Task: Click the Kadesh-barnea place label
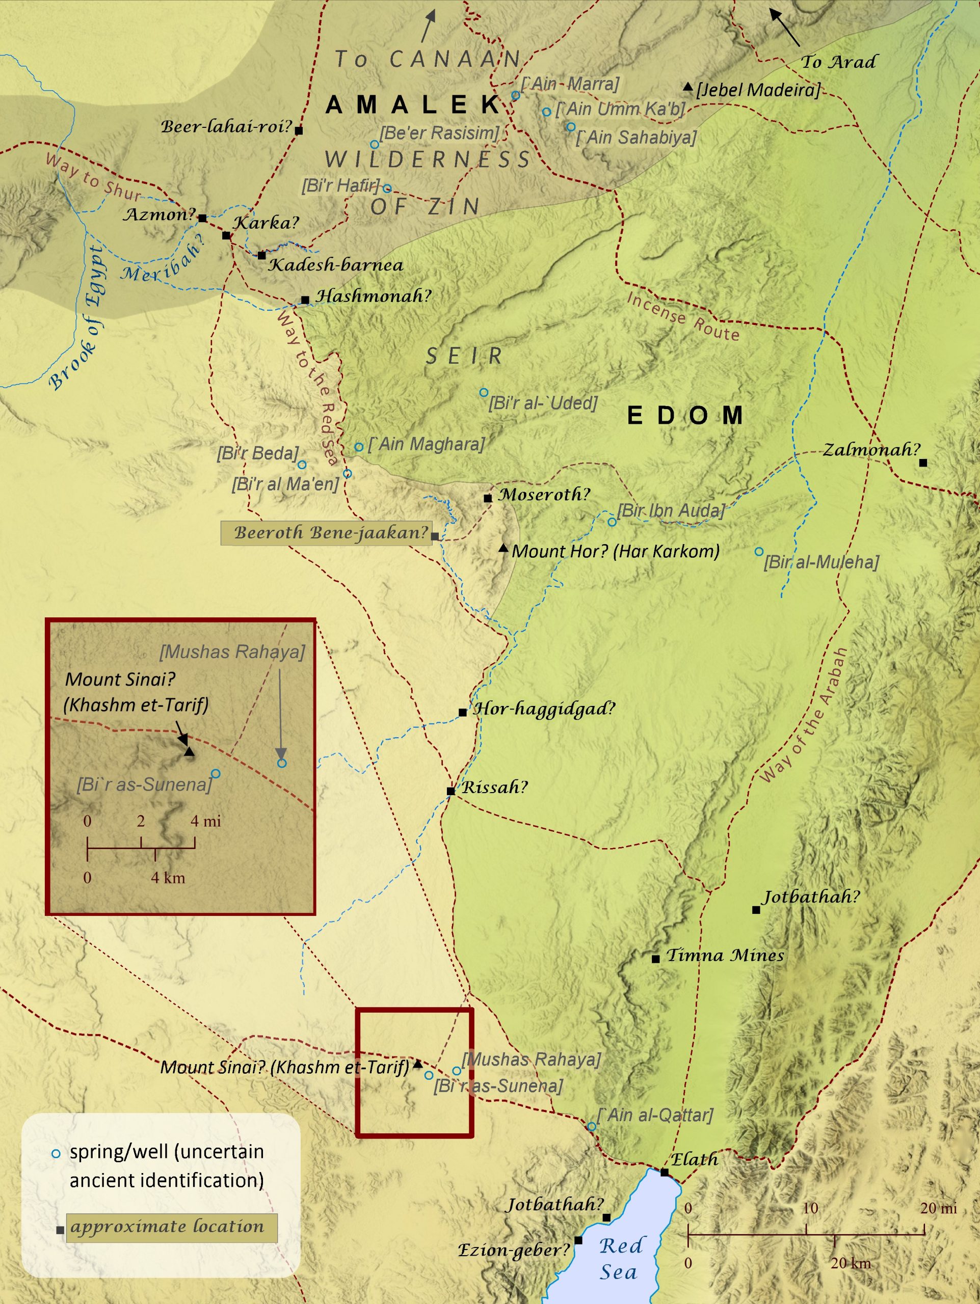point(335,265)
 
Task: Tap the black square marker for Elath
point(665,1172)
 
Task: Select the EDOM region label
point(684,416)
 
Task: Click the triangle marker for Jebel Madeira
point(687,87)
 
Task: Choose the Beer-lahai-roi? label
point(227,127)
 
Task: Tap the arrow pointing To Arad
point(785,27)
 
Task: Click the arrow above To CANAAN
point(429,25)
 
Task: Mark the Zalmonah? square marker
point(923,463)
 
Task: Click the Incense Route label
point(683,317)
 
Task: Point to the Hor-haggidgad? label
point(544,709)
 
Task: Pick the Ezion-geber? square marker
point(578,1240)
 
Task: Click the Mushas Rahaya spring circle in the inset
point(282,764)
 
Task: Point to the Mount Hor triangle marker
point(503,549)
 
